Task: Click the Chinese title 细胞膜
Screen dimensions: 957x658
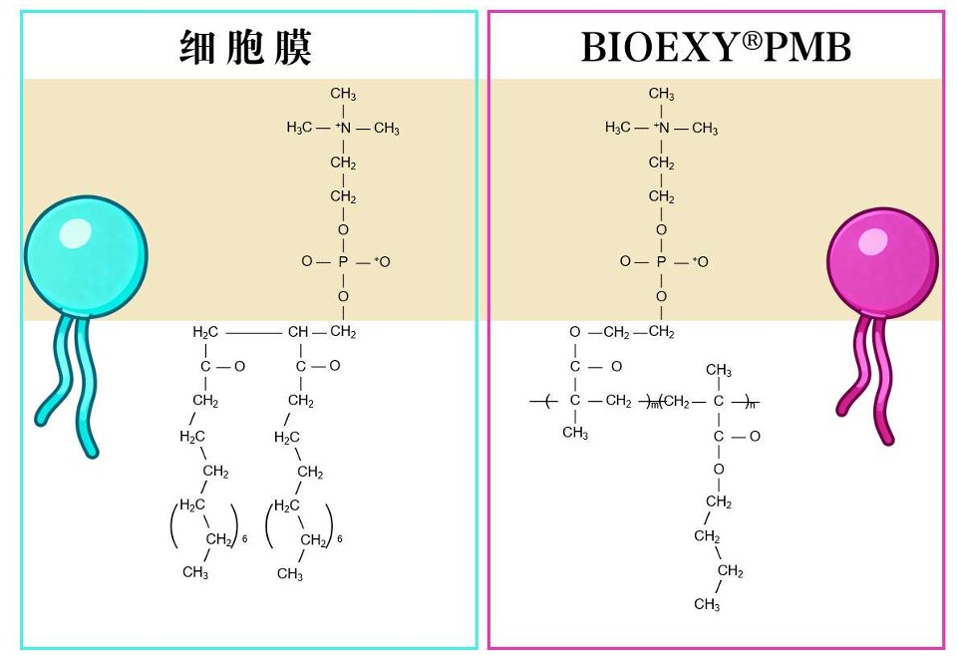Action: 245,47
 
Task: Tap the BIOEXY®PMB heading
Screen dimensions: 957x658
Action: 716,47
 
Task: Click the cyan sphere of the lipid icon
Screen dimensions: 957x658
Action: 86,256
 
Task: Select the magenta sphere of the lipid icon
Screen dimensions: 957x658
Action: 882,262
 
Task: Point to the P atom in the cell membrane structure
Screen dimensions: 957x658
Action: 343,262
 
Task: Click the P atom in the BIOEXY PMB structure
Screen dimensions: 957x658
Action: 661,262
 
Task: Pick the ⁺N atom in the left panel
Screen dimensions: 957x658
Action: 344,128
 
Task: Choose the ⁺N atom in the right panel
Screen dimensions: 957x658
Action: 662,128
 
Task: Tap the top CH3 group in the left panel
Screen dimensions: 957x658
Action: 343,94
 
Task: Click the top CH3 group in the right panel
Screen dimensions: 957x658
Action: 662,94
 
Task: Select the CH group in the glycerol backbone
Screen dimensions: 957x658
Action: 298,332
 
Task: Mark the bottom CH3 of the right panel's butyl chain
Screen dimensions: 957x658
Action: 707,604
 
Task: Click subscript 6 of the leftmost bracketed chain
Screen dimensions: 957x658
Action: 244,539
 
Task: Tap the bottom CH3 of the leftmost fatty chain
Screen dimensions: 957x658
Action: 195,572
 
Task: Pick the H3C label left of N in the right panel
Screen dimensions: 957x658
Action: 618,128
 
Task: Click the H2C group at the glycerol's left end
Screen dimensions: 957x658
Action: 205,332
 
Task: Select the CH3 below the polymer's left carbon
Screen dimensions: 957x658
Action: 575,433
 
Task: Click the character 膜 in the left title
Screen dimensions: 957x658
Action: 293,47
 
